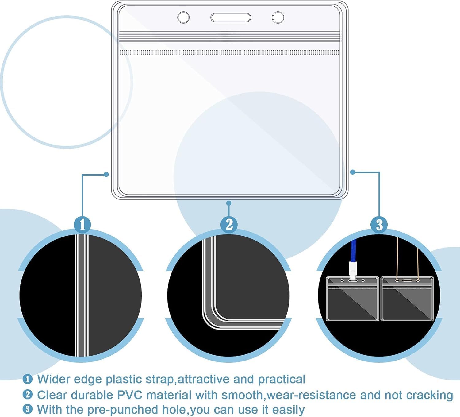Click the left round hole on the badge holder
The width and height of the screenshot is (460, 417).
click(x=183, y=17)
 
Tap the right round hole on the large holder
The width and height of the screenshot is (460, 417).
click(x=278, y=17)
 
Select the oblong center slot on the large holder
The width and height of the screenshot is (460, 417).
click(x=231, y=17)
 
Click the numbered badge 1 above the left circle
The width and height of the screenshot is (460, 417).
click(x=82, y=224)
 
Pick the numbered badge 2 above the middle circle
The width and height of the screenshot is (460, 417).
click(x=229, y=224)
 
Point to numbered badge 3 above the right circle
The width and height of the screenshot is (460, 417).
click(x=379, y=224)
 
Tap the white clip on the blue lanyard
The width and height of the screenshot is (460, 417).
click(x=353, y=271)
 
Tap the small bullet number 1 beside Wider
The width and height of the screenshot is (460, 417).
click(x=28, y=379)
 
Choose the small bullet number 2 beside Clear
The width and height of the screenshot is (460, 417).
click(x=28, y=395)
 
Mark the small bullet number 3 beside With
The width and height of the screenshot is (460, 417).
click(x=28, y=409)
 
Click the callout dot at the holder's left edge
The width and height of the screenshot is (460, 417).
click(x=106, y=174)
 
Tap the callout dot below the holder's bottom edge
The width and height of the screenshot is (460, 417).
click(x=229, y=203)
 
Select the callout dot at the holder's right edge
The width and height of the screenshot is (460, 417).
click(x=353, y=172)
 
